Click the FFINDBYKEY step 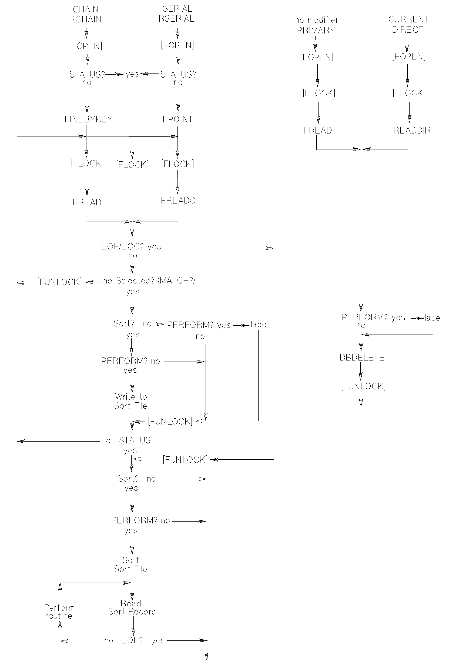pyautogui.click(x=86, y=119)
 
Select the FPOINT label pyautogui.click(x=177, y=119)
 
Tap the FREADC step pyautogui.click(x=178, y=201)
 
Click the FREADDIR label pyautogui.click(x=409, y=131)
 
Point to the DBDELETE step pyautogui.click(x=362, y=358)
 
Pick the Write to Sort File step pyautogui.click(x=131, y=401)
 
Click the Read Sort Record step pyautogui.click(x=132, y=607)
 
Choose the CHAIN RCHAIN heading pyautogui.click(x=85, y=14)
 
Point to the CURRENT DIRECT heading pyautogui.click(x=408, y=24)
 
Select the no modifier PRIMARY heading pyautogui.click(x=316, y=25)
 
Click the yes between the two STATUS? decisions pyautogui.click(x=132, y=74)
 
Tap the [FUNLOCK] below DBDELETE pyautogui.click(x=363, y=386)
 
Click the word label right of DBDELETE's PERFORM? pyautogui.click(x=433, y=318)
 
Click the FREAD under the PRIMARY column pyautogui.click(x=317, y=131)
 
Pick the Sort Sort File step pyautogui.click(x=131, y=565)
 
